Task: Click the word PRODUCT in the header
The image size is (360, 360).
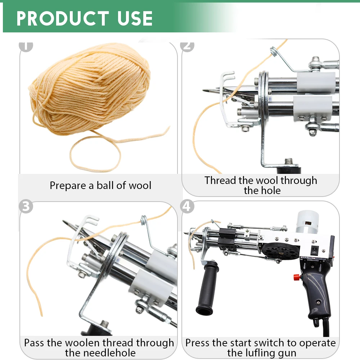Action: pyautogui.click(x=63, y=18)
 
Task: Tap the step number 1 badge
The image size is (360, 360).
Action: pyautogui.click(x=26, y=46)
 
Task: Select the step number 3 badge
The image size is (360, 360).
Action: pyautogui.click(x=26, y=207)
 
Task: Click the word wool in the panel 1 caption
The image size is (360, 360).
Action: pyautogui.click(x=139, y=185)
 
